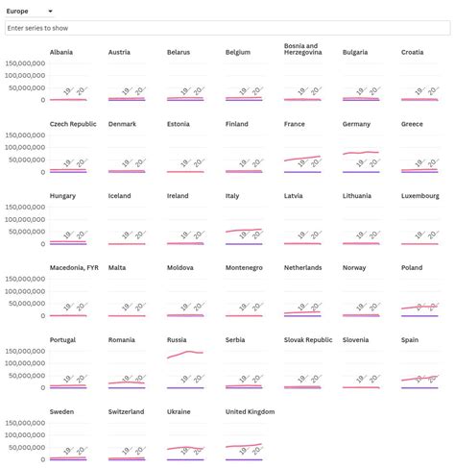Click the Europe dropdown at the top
(x=30, y=12)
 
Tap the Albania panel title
(x=61, y=52)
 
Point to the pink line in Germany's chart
(x=361, y=153)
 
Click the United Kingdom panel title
(x=250, y=412)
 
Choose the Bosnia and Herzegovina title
(x=308, y=49)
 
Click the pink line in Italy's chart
(x=244, y=231)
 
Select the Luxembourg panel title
(x=420, y=196)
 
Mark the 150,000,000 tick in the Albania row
(x=26, y=64)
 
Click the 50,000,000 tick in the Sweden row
(x=26, y=448)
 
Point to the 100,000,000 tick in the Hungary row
(x=26, y=220)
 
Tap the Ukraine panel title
(x=180, y=412)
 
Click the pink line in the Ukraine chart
(x=184, y=448)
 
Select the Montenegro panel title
(x=248, y=268)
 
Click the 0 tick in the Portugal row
(x=41, y=388)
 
